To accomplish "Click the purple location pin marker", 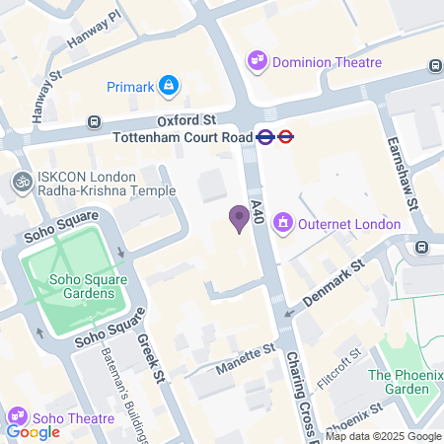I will [x=238, y=218].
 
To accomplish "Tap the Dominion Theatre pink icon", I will [x=258, y=61].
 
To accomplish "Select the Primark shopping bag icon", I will [x=170, y=87].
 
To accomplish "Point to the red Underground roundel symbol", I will [x=286, y=137].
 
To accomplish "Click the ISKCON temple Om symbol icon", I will [x=20, y=182].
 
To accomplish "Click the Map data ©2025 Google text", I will [x=384, y=436].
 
